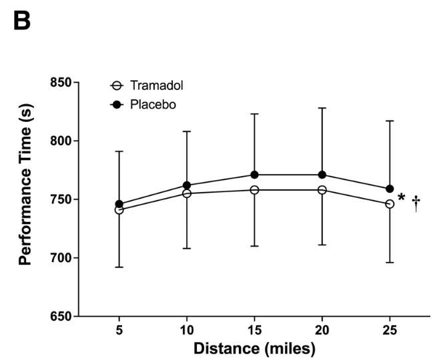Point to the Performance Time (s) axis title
pyautogui.click(x=27, y=199)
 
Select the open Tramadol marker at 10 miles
pyautogui.click(x=187, y=193)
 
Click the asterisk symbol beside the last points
pyautogui.click(x=402, y=197)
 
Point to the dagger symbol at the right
pyautogui.click(x=416, y=203)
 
